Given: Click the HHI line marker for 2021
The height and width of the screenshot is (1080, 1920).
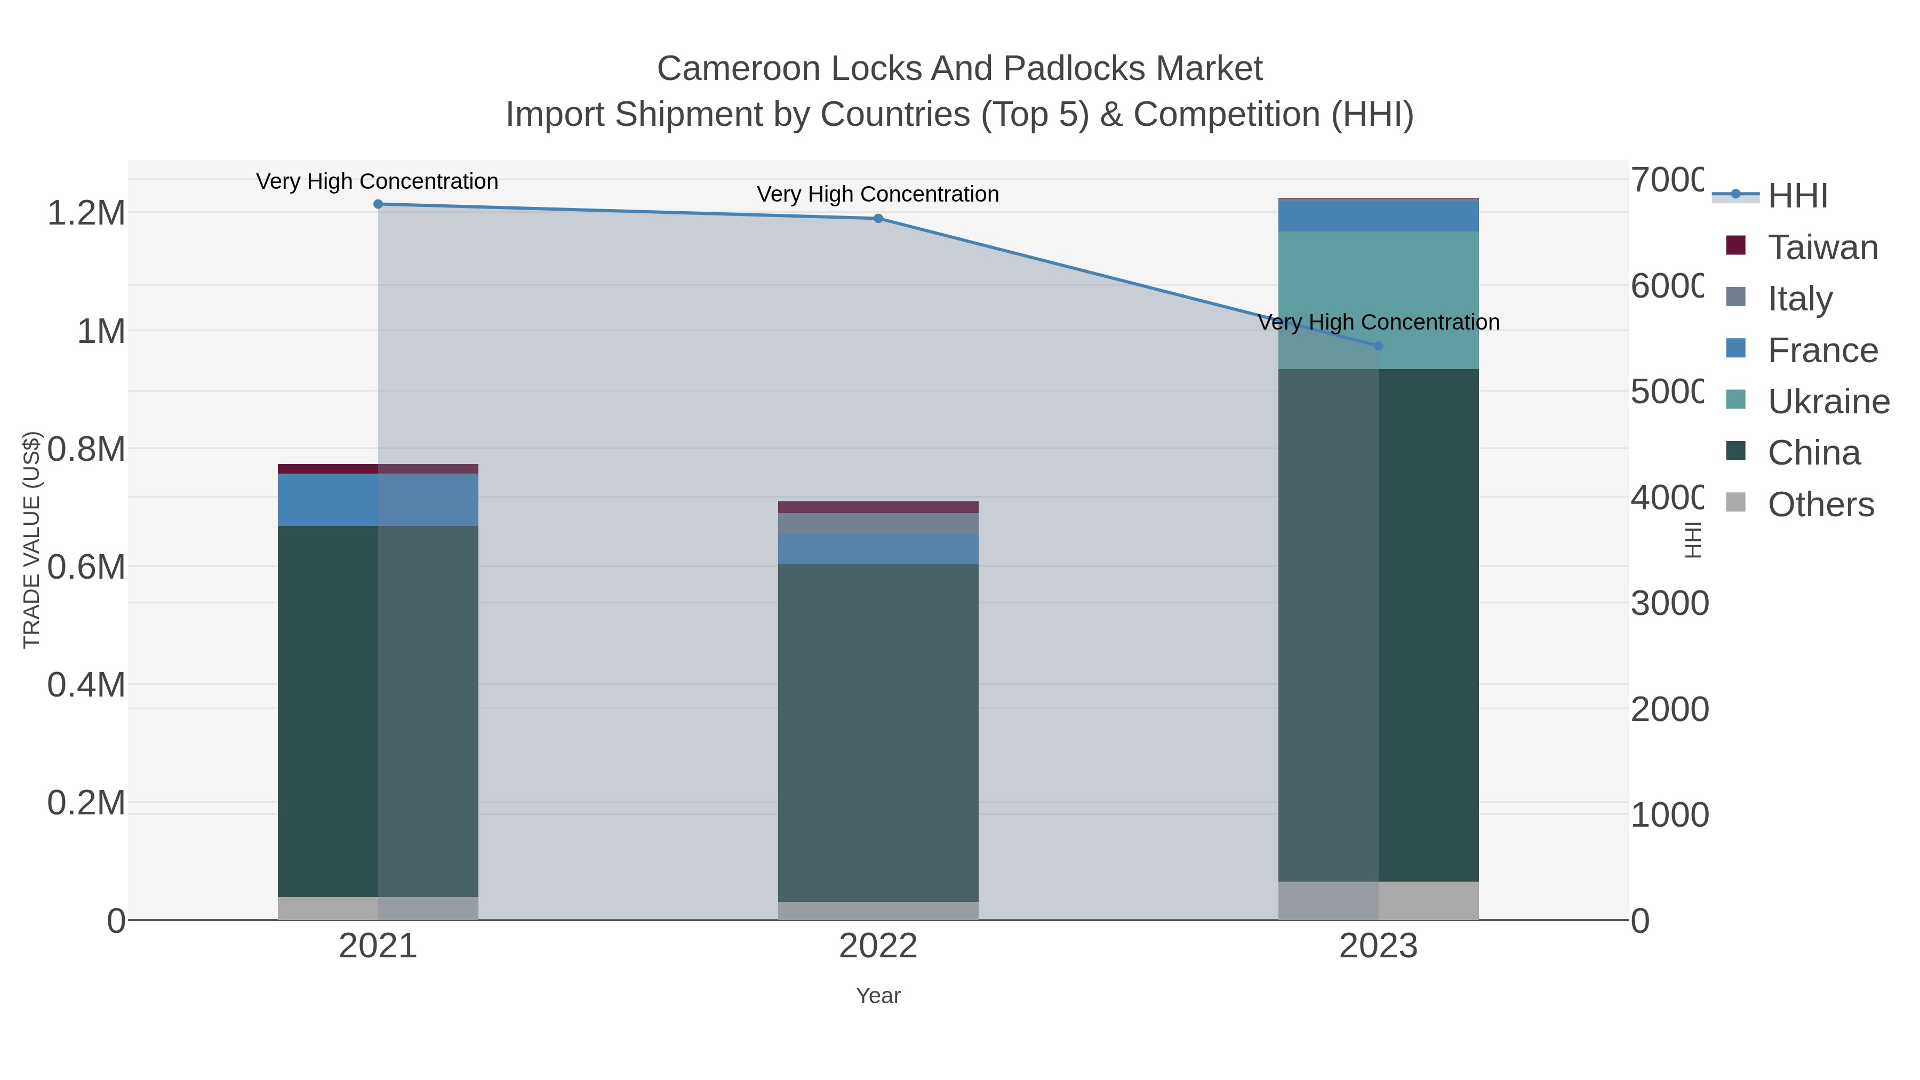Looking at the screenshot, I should pyautogui.click(x=378, y=204).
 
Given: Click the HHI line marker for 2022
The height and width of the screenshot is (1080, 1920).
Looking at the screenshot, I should pyautogui.click(x=878, y=218).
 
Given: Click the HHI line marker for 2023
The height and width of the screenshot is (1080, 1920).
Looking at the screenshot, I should pyautogui.click(x=1378, y=346).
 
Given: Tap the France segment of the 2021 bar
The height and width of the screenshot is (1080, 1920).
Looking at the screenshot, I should pyautogui.click(x=378, y=499).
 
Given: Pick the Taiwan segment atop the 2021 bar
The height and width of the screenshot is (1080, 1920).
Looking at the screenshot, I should pyautogui.click(x=378, y=469).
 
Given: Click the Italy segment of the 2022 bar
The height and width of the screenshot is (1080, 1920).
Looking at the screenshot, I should pyautogui.click(x=878, y=523).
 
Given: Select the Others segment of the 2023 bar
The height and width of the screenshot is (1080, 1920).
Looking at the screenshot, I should pyautogui.click(x=1378, y=900).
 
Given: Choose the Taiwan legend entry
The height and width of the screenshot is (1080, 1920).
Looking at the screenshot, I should pyautogui.click(x=1822, y=247).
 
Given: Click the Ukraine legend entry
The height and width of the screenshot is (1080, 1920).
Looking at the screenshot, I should pyautogui.click(x=1828, y=402).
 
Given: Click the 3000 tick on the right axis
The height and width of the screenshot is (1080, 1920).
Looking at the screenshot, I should pyautogui.click(x=1669, y=604).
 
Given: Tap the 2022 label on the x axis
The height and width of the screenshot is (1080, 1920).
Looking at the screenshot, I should pyautogui.click(x=878, y=947).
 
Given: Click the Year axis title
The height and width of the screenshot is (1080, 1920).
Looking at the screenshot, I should pyautogui.click(x=878, y=996).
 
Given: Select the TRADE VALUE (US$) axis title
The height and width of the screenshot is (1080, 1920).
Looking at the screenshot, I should pyautogui.click(x=31, y=540).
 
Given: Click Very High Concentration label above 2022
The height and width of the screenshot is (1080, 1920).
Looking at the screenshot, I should pyautogui.click(x=878, y=195).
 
